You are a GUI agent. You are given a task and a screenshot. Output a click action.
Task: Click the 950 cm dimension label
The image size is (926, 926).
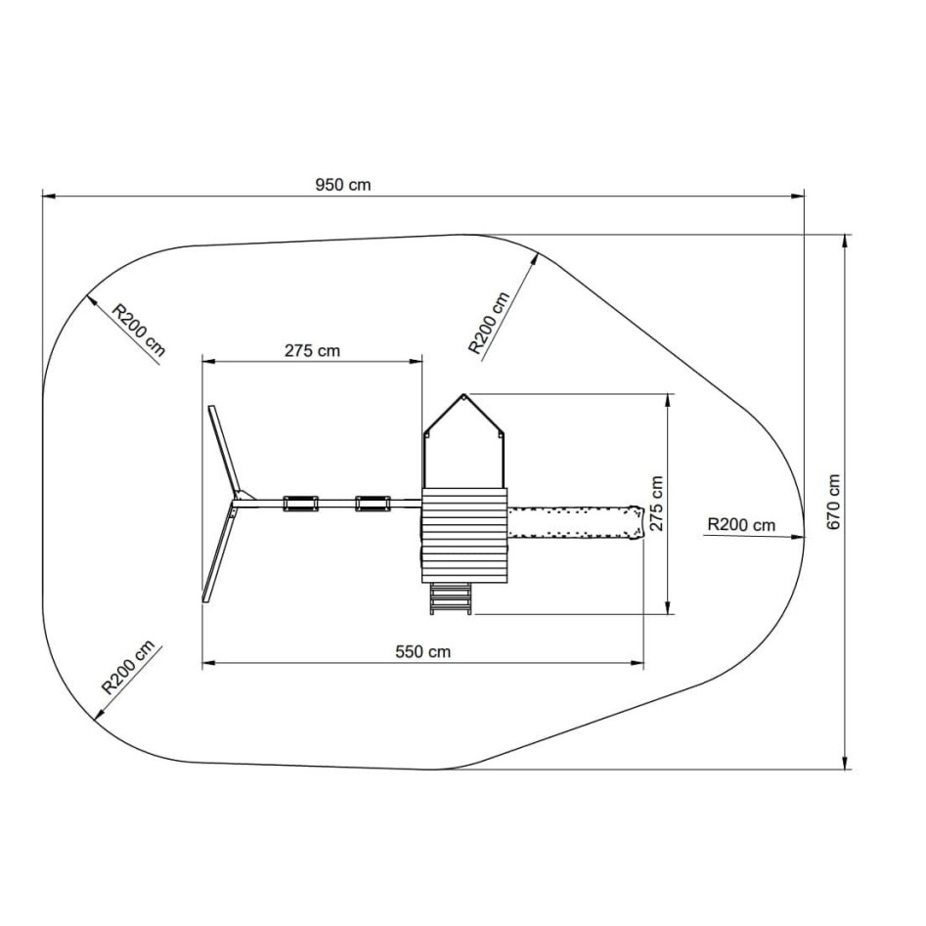pos(343,185)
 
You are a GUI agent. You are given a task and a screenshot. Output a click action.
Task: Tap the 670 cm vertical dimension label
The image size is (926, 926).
pos(833,502)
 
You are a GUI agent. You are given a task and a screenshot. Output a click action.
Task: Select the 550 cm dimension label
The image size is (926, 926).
pos(422,651)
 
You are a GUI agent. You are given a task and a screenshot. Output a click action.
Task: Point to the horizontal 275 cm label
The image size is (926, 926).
pos(312,351)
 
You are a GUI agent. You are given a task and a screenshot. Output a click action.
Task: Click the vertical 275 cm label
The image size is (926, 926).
pos(656,504)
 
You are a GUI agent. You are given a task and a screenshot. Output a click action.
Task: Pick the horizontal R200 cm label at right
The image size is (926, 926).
pos(741,524)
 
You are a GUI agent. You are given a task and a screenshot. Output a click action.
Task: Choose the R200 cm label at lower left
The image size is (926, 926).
pos(128,667)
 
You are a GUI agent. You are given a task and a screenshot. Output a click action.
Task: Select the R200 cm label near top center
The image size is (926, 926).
pos(489,323)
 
